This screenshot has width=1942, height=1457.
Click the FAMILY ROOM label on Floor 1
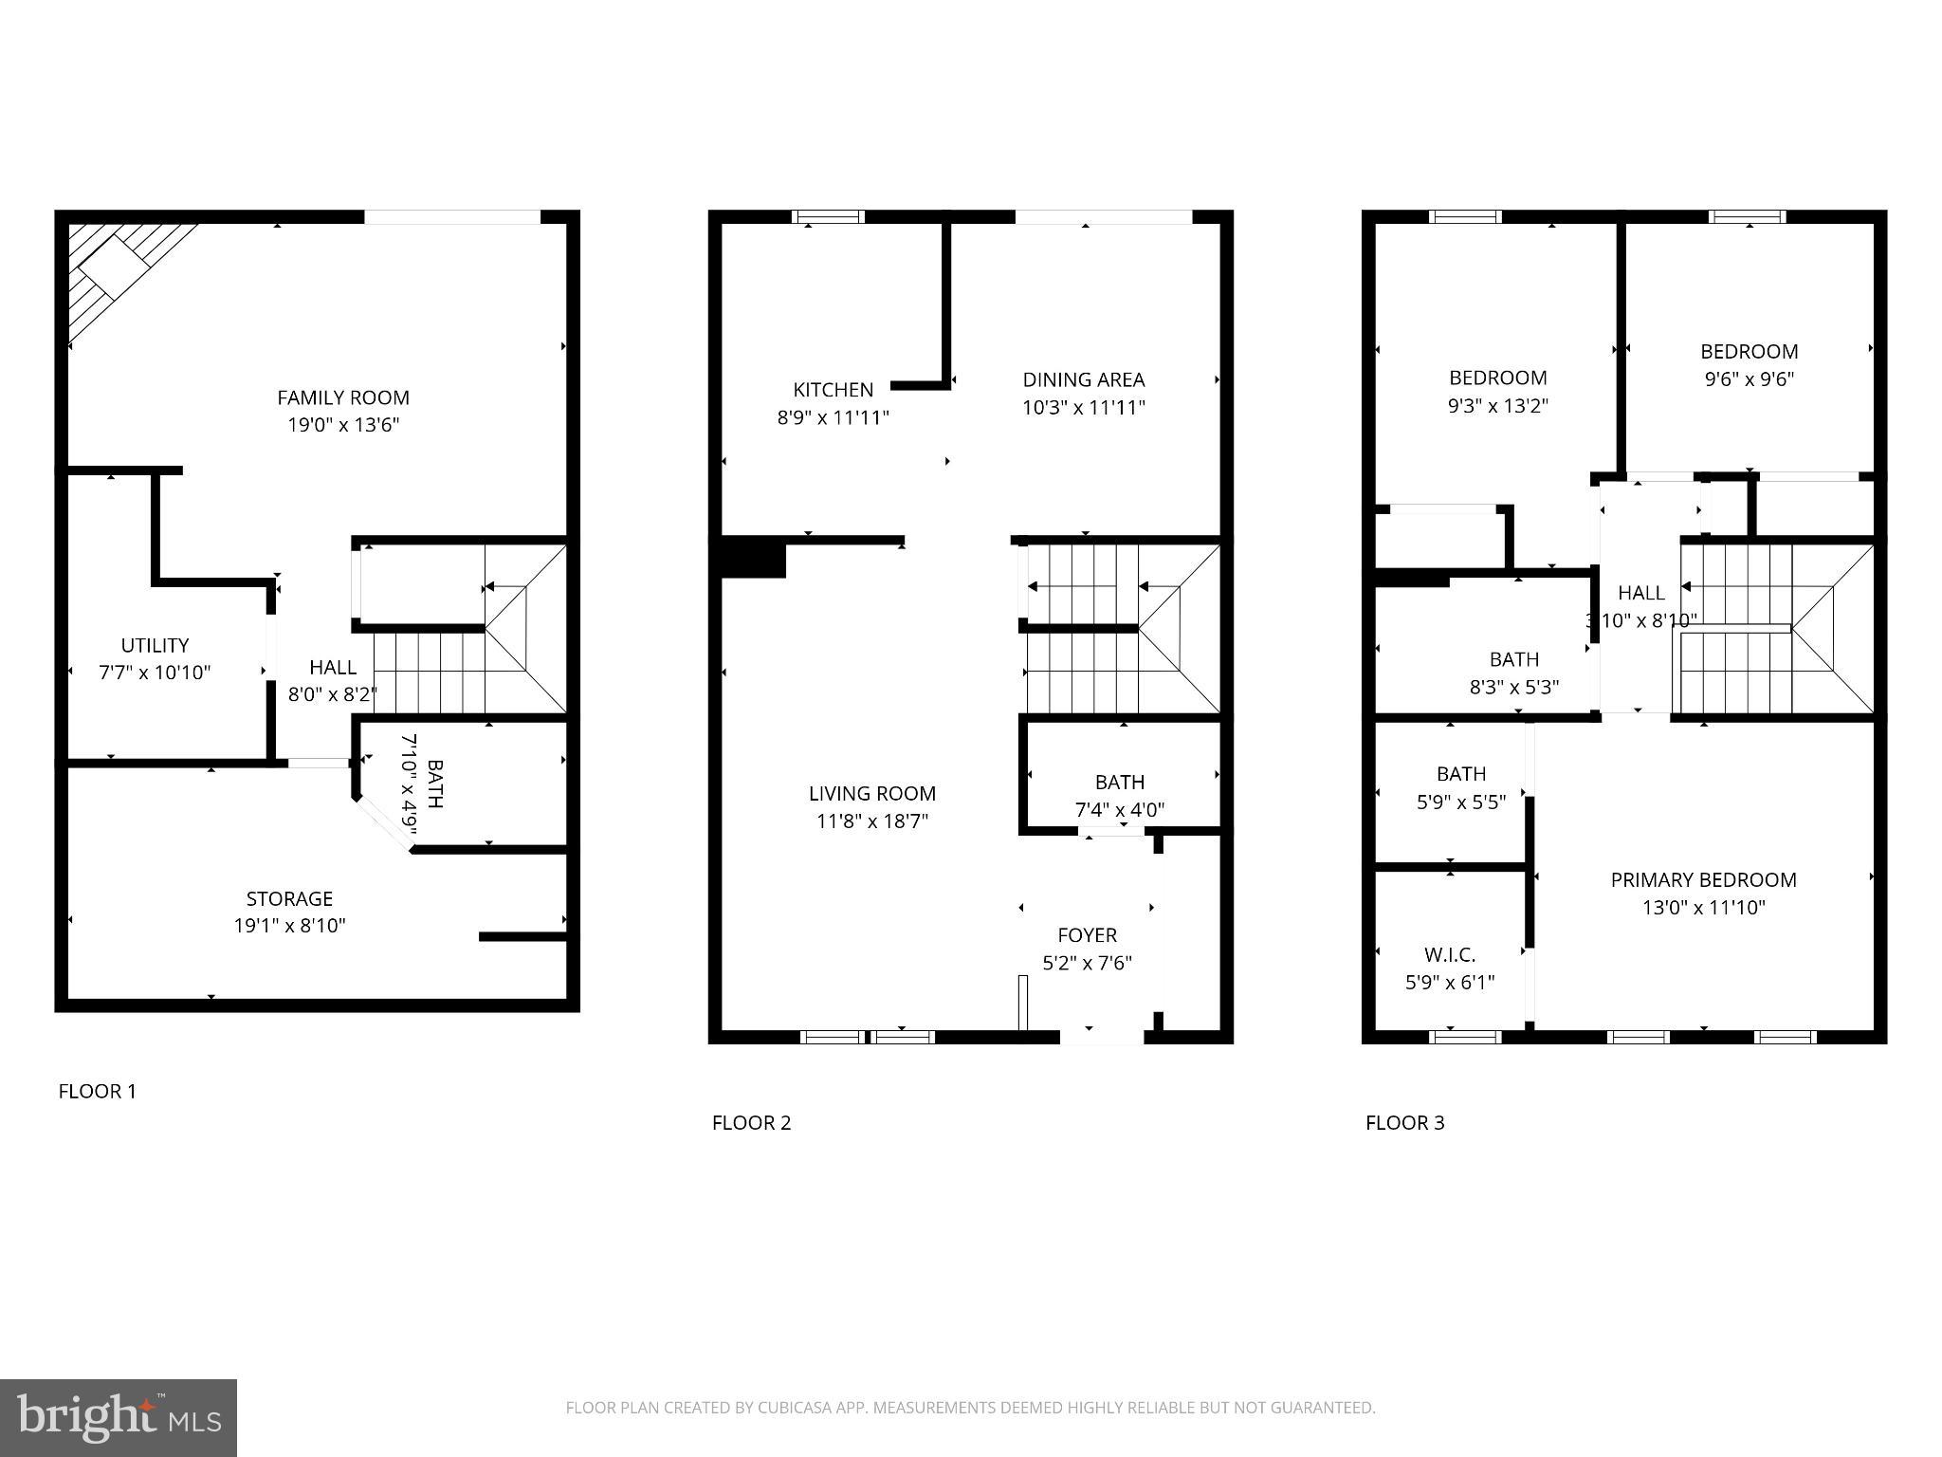(343, 397)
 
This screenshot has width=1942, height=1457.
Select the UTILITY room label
(155, 645)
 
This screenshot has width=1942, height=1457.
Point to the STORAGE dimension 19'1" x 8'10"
(289, 925)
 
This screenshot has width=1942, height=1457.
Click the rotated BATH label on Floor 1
(434, 784)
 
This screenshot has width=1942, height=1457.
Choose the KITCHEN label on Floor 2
(833, 390)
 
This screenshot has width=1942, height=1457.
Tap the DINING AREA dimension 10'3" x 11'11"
(1083, 407)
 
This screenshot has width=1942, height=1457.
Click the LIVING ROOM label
(871, 793)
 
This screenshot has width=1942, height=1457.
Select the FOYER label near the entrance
(1087, 935)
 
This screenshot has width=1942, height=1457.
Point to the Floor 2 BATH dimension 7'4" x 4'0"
(1119, 810)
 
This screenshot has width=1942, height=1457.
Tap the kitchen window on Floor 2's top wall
(828, 216)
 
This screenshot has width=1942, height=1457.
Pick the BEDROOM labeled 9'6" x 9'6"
(1749, 352)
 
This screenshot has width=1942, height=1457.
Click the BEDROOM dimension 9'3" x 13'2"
(1497, 405)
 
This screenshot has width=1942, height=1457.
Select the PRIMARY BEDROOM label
(1703, 879)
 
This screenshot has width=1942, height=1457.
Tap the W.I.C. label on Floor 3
(1449, 954)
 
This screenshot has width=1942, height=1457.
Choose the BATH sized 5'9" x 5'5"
(1460, 774)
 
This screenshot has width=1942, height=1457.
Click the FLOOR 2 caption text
(751, 1122)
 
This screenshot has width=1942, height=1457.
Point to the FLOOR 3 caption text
(1404, 1122)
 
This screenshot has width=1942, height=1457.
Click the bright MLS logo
(118, 1417)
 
